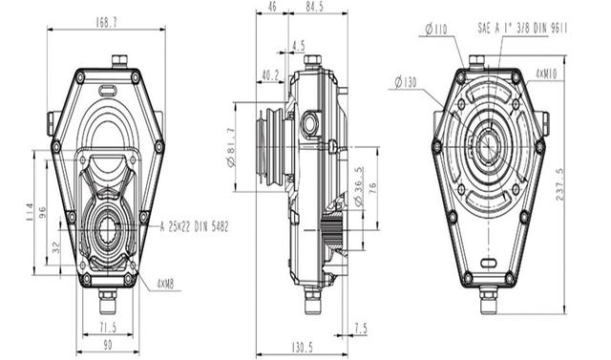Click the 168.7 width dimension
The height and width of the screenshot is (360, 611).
(x=106, y=23)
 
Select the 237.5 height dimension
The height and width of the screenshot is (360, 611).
(x=560, y=184)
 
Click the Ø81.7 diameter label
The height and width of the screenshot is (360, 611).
(x=231, y=148)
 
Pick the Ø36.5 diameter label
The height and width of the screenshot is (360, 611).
(x=358, y=186)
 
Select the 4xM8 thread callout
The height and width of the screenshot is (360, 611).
(x=165, y=285)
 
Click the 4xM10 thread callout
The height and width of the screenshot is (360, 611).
(x=546, y=74)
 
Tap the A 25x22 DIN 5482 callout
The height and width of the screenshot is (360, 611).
(x=194, y=226)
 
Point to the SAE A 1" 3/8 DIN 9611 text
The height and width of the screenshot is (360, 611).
(x=522, y=28)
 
